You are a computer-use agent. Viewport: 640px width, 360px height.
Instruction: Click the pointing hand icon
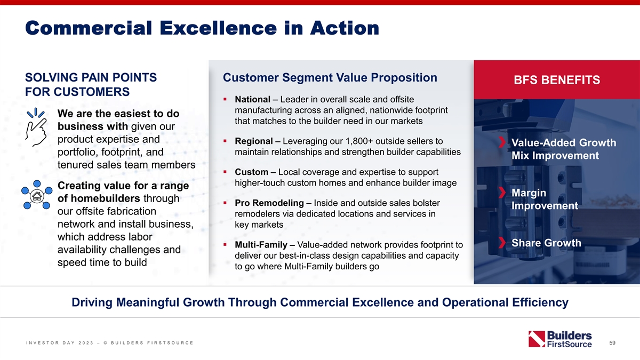36,127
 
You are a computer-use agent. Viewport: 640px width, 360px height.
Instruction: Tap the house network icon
37,195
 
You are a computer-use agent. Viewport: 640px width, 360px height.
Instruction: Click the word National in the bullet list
252,99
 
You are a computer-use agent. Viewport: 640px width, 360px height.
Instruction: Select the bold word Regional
254,141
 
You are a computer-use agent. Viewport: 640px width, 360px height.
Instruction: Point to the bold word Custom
251,172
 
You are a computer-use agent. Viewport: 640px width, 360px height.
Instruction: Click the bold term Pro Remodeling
269,203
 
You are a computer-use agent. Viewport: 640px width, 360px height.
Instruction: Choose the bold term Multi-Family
261,245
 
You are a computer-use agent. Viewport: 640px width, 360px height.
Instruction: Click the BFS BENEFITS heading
557,80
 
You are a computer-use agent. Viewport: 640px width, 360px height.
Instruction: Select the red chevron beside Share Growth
502,243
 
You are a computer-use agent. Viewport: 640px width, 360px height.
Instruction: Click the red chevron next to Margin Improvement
502,193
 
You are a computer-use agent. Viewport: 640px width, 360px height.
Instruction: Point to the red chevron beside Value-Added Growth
502,142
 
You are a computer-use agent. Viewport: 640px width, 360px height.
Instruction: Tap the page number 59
612,342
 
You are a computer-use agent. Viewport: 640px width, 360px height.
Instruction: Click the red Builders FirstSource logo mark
537,339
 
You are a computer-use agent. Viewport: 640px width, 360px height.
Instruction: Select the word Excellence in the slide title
218,28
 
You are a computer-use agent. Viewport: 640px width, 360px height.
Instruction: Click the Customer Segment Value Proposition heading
330,77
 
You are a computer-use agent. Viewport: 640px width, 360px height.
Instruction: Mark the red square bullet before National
225,99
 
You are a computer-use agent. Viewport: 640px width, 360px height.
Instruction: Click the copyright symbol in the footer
106,343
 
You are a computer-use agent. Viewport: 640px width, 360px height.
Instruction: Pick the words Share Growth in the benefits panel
546,243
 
